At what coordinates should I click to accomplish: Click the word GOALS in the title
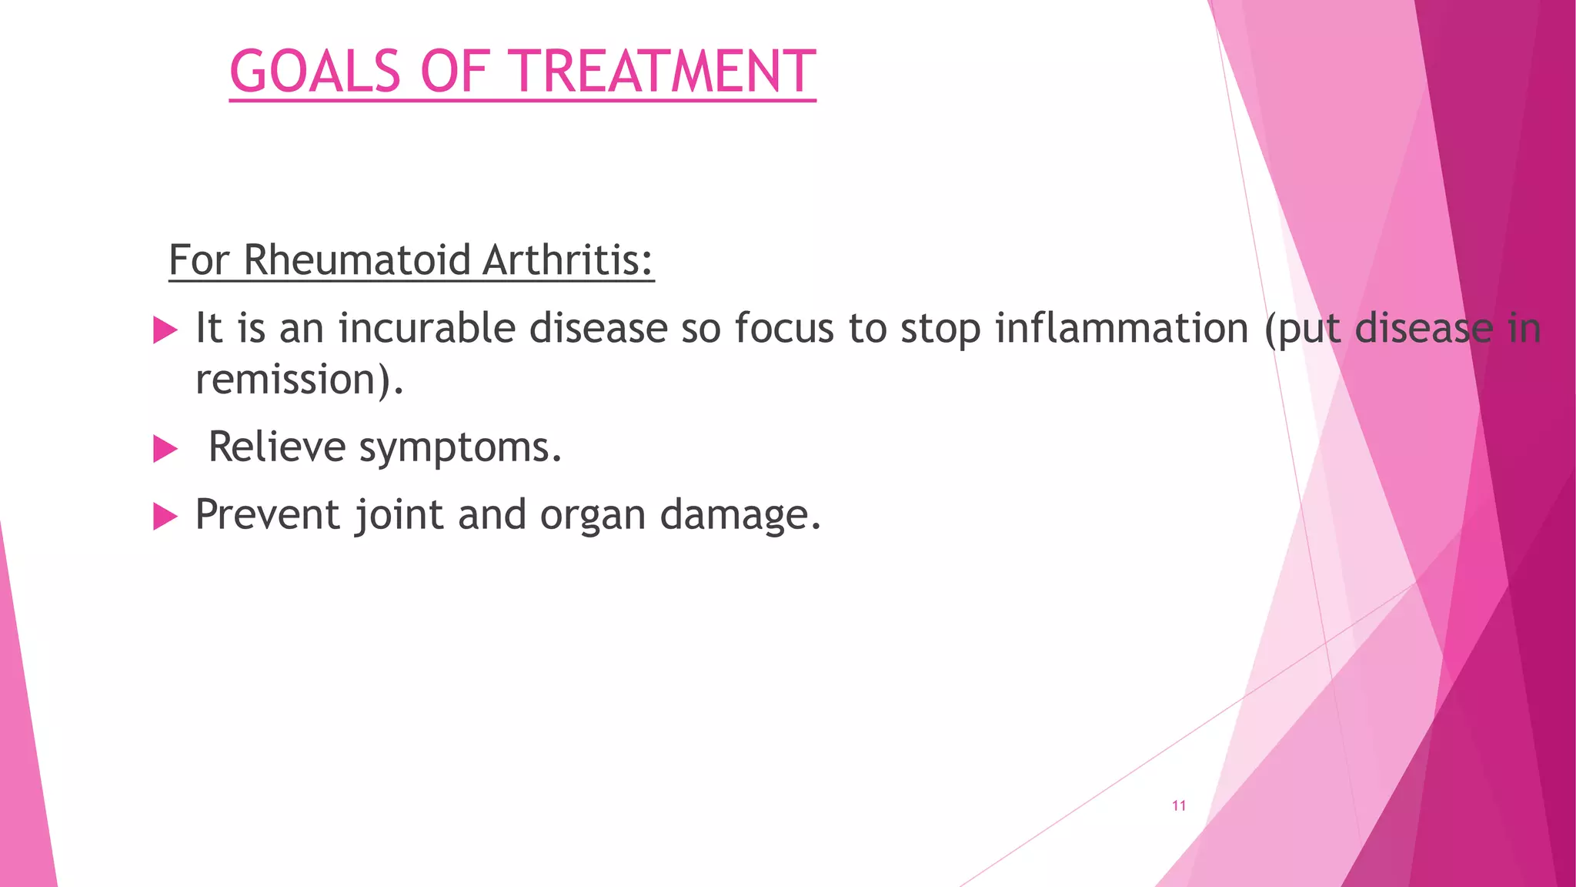tap(315, 72)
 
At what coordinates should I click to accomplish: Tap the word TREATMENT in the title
tap(664, 72)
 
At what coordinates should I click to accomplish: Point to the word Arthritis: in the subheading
tap(568, 259)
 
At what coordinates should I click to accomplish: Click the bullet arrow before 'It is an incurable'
tap(165, 330)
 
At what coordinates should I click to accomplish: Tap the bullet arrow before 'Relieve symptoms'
tap(165, 448)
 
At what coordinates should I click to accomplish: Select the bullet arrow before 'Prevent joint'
tap(165, 516)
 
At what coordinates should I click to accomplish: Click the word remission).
tap(299, 380)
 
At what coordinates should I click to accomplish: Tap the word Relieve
tap(277, 447)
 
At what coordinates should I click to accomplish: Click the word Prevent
tap(268, 514)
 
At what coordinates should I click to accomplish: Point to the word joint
tap(399, 514)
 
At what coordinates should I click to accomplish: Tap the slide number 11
tap(1178, 805)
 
